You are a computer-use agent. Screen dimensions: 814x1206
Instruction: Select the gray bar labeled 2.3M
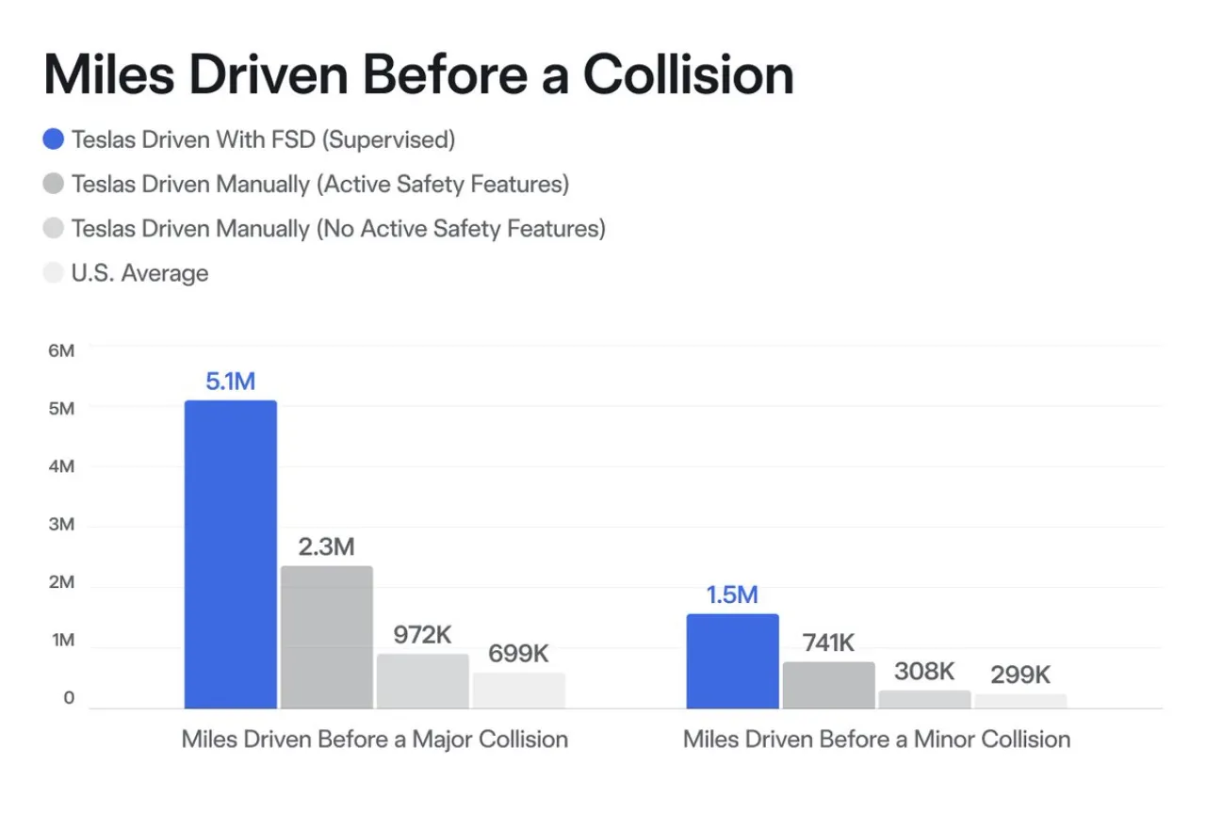click(x=327, y=637)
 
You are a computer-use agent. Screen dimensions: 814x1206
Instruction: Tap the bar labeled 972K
click(x=423, y=680)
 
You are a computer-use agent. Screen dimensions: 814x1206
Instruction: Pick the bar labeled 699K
click(x=519, y=690)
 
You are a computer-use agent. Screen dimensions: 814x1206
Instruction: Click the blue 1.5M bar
click(x=732, y=660)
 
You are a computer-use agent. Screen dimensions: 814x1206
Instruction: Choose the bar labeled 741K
click(x=828, y=685)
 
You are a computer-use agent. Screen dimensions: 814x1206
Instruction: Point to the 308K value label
click(x=924, y=671)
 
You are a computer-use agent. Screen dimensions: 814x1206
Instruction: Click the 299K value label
click(x=1020, y=675)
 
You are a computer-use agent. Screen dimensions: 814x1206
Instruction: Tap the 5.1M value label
click(x=231, y=382)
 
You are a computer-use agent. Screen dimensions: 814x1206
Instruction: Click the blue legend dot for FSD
click(x=55, y=139)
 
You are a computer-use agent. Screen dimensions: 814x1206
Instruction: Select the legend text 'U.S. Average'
click(x=139, y=273)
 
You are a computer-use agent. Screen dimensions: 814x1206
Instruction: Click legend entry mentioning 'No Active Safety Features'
click(x=337, y=229)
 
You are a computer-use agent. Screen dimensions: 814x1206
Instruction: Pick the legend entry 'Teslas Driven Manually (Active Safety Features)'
click(x=319, y=184)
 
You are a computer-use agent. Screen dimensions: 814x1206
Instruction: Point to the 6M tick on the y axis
click(x=60, y=350)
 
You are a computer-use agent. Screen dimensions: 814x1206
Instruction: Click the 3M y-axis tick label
click(x=60, y=525)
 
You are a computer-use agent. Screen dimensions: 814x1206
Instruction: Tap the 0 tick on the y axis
click(x=69, y=699)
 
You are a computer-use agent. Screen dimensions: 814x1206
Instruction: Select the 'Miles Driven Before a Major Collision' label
click(x=375, y=739)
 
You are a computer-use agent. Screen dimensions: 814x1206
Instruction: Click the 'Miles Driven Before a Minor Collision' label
click(x=876, y=739)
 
